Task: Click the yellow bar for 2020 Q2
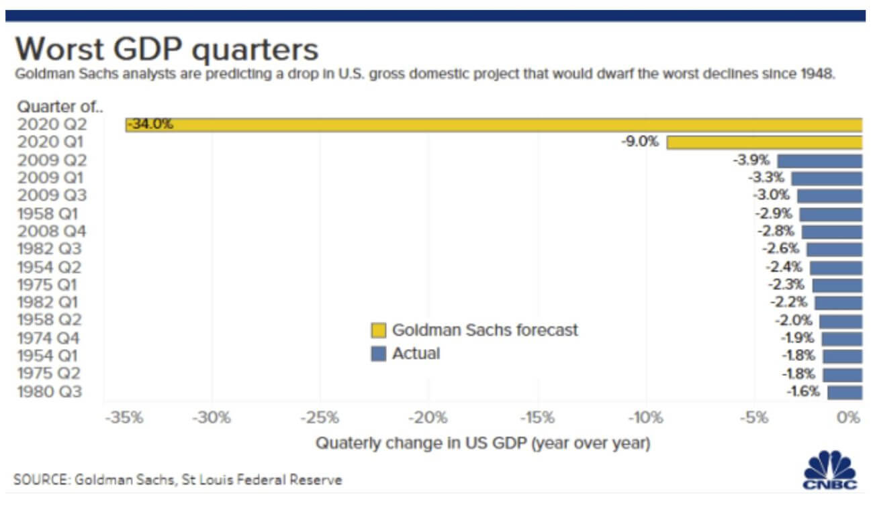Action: point(494,125)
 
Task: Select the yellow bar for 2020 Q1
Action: point(764,142)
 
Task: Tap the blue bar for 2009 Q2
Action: point(819,160)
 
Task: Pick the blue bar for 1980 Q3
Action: point(844,392)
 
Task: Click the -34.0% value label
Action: point(150,124)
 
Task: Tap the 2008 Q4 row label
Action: point(52,232)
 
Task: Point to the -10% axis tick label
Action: point(646,418)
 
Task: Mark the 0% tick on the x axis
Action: point(849,418)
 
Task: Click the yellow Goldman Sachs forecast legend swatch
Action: point(379,330)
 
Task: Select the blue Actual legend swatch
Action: point(379,354)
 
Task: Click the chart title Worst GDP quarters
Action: point(167,50)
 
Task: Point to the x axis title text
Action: point(482,444)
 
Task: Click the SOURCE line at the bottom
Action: point(177,480)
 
